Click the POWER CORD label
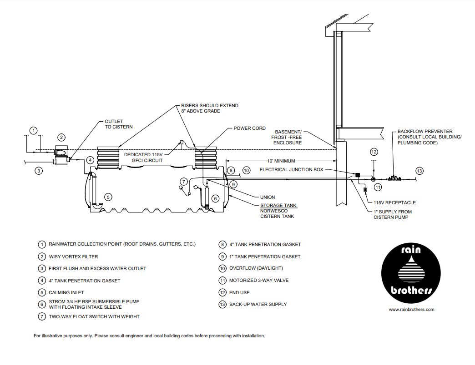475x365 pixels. [x=249, y=128]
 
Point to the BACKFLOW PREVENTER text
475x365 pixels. [x=425, y=132]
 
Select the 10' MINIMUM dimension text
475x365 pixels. [x=281, y=161]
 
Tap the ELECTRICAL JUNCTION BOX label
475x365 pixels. [x=291, y=170]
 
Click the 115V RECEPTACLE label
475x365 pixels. [x=394, y=203]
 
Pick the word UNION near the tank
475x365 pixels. [x=268, y=197]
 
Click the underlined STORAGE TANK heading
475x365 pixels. [x=279, y=205]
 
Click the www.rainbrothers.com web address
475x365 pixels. [x=411, y=310]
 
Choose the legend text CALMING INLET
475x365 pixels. [x=66, y=292]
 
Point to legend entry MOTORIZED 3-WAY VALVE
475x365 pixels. [x=258, y=281]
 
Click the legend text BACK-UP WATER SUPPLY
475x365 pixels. [x=258, y=304]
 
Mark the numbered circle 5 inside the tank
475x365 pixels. [x=108, y=197]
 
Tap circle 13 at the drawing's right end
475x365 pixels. [x=419, y=171]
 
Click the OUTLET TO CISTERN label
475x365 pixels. [x=119, y=124]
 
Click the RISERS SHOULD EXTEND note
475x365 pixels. [x=209, y=108]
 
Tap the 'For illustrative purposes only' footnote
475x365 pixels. [x=149, y=336]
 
